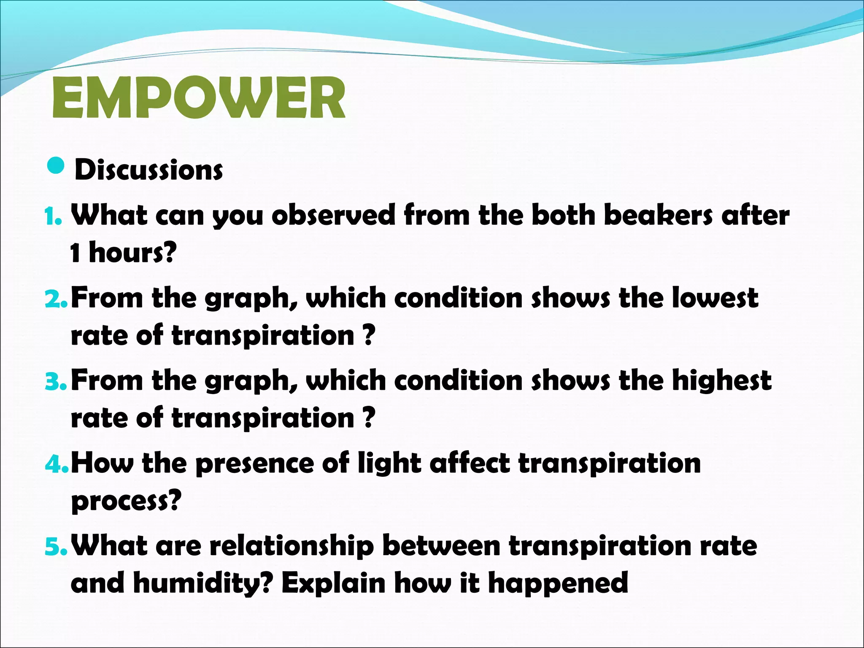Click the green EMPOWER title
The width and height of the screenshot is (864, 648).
point(198,98)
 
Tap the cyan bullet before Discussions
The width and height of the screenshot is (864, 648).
point(56,166)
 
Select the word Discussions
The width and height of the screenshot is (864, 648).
point(148,170)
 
